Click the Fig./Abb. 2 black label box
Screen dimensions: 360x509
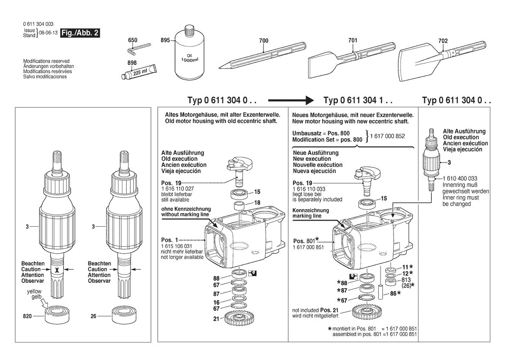[80, 33]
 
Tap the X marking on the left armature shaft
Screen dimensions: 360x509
[57, 270]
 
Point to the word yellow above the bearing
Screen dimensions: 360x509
[34, 291]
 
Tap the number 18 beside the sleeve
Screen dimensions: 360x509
[257, 203]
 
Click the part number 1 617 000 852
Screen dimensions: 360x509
[387, 136]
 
